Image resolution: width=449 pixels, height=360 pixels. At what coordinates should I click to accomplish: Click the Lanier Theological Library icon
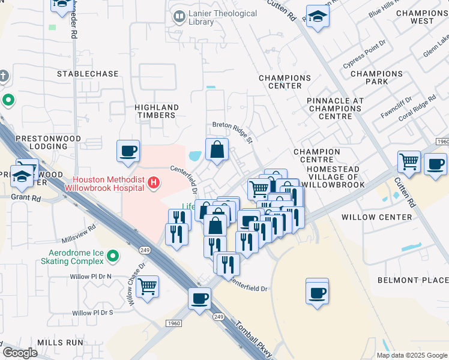178,17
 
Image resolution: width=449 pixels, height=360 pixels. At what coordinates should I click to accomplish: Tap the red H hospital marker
154,182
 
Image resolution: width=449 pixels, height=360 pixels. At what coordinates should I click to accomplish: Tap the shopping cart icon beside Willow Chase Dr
147,286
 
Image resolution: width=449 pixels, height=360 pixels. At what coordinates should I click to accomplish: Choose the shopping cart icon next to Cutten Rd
409,161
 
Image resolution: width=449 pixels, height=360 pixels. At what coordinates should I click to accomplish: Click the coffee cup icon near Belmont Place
317,292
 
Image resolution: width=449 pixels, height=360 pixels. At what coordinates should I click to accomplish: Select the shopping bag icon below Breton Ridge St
217,150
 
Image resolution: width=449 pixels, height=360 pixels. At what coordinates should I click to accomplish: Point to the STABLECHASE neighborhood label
88,74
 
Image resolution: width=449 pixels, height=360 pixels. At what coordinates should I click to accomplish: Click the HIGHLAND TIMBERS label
155,110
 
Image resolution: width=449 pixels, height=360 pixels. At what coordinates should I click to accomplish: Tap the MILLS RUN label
60,342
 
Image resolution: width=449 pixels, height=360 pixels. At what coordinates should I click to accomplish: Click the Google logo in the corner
20,353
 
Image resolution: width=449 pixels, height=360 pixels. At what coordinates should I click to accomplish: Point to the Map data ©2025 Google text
411,355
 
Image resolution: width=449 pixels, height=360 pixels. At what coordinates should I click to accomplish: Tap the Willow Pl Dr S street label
93,313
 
